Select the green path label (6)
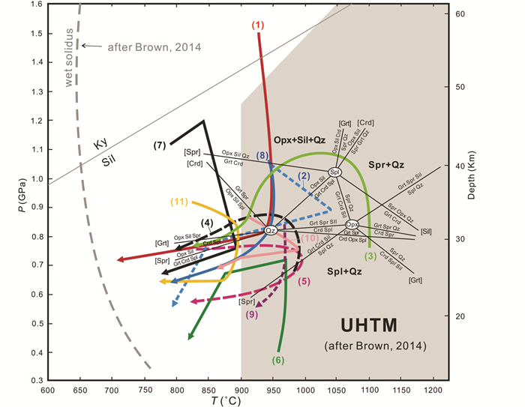(x=277, y=359)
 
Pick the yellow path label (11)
(x=179, y=202)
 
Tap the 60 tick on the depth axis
(x=462, y=14)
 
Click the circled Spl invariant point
(x=334, y=172)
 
